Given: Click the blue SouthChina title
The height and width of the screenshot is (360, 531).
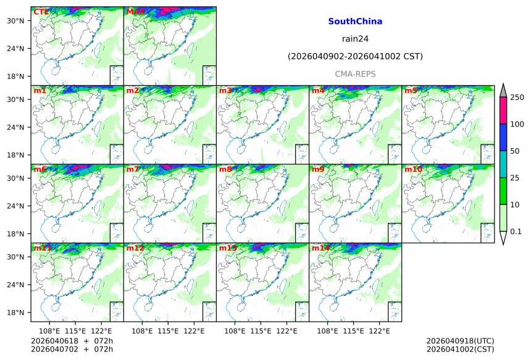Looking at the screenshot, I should click(355, 22).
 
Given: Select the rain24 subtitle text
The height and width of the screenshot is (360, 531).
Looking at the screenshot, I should click(355, 39).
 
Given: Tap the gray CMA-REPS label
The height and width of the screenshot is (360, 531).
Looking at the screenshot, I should click(355, 74).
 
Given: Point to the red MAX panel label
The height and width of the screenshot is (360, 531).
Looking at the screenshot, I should click(135, 12).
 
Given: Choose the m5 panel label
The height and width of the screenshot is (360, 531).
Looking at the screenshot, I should click(411, 91).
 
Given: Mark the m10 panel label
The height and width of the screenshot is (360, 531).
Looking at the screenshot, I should click(413, 169).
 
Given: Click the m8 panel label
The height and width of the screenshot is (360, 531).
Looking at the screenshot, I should click(225, 169).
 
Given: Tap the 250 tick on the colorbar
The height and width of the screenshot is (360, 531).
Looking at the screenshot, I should click(517, 98).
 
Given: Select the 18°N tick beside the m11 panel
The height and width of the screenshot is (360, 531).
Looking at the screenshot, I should click(20, 313).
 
